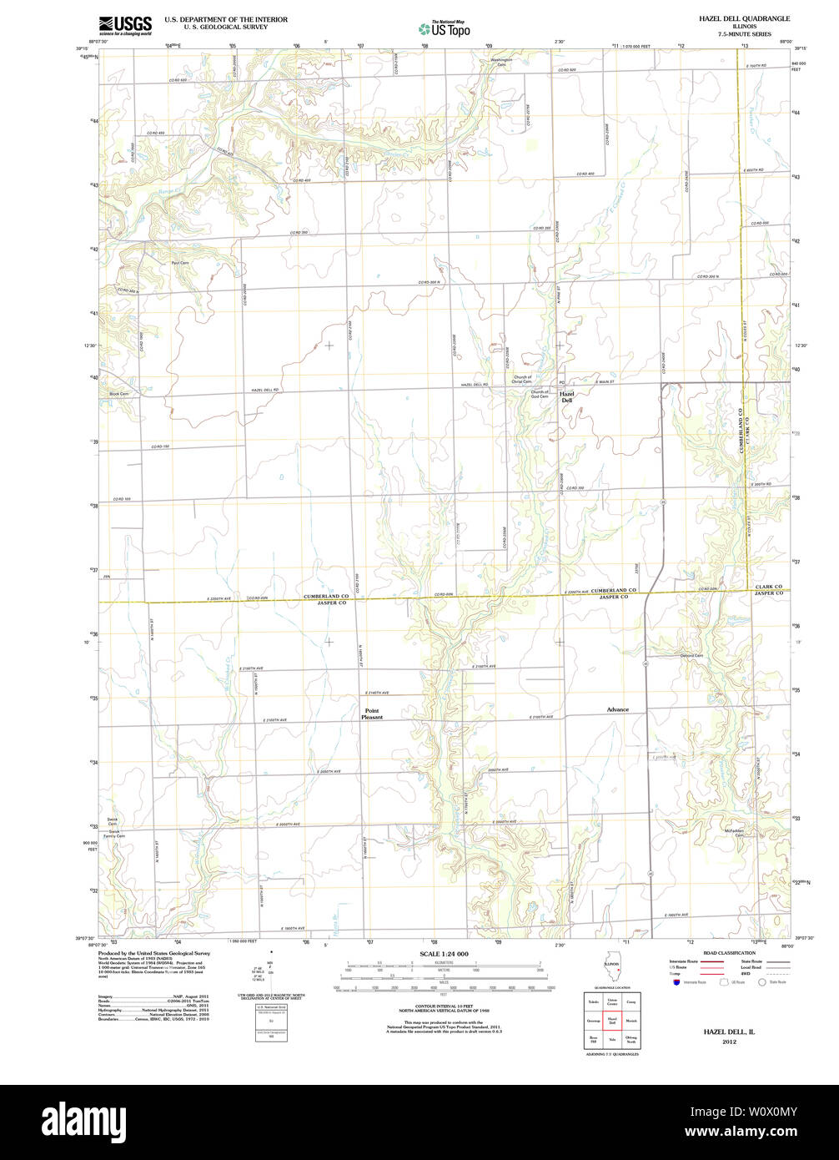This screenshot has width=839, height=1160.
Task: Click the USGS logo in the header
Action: click(125, 24)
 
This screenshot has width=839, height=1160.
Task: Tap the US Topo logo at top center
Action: click(444, 28)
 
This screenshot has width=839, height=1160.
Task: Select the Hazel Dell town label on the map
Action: click(566, 397)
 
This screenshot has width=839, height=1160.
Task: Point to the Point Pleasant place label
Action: click(372, 714)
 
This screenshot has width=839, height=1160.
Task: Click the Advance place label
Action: click(617, 709)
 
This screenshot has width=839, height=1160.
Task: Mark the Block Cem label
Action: click(119, 394)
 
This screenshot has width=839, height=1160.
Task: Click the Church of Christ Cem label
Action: click(522, 380)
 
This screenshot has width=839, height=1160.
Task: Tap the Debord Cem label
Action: click(692, 655)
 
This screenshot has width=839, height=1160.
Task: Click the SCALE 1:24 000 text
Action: click(444, 954)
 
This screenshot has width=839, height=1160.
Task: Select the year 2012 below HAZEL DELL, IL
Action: click(729, 1042)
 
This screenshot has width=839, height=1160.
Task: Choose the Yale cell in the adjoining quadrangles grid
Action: click(612, 1040)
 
